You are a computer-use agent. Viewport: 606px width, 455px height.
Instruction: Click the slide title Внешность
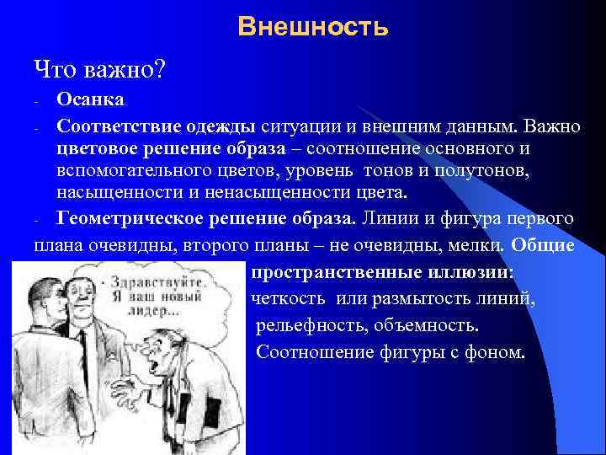[x=312, y=28]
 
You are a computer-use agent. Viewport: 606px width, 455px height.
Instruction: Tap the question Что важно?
[x=98, y=68]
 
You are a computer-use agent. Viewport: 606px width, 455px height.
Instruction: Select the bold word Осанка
[x=90, y=100]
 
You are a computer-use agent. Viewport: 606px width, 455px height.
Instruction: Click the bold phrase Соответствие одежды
[x=157, y=126]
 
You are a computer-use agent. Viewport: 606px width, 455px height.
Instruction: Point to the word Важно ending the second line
[x=551, y=126]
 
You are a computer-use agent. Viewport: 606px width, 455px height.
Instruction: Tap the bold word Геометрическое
[x=121, y=218]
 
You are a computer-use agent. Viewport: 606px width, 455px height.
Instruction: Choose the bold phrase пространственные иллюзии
[x=382, y=273]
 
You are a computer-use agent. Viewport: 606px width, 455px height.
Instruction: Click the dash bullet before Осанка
[x=38, y=102]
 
